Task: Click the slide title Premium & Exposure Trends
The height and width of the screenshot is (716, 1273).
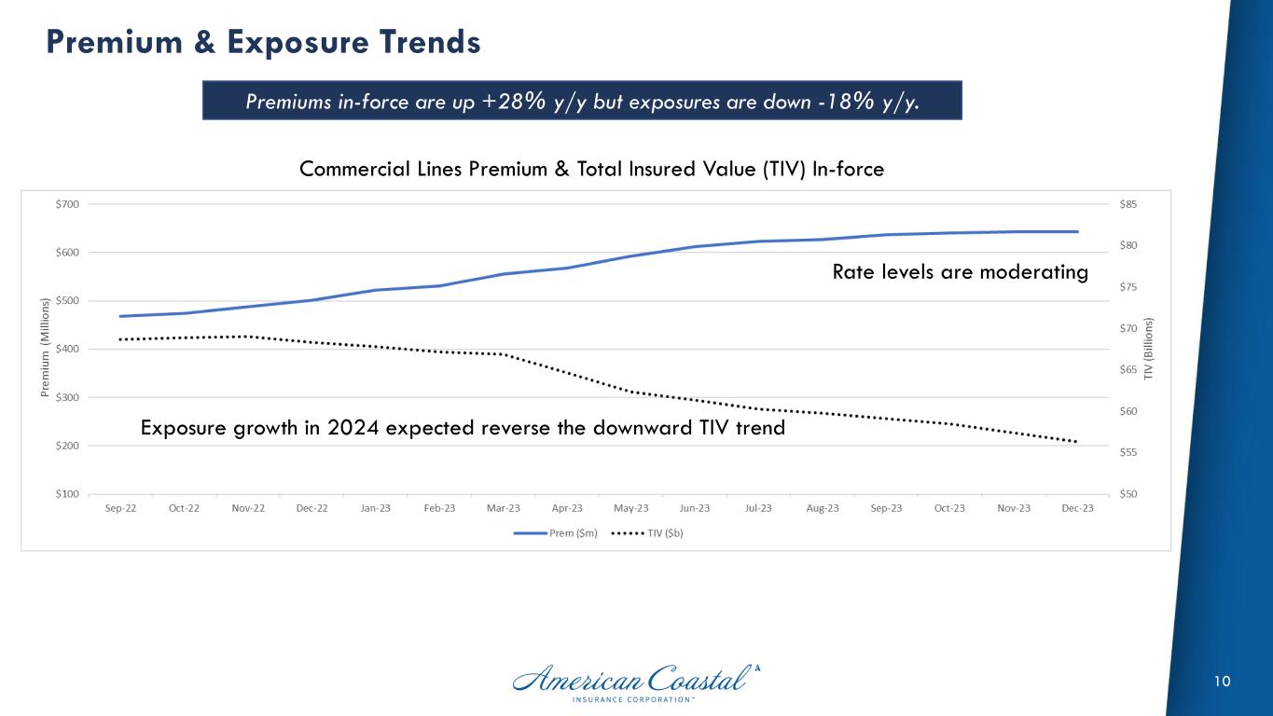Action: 264,42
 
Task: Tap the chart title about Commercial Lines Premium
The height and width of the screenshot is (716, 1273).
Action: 591,169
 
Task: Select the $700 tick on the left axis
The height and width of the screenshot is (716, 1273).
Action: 68,204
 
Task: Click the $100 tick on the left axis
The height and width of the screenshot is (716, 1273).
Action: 68,494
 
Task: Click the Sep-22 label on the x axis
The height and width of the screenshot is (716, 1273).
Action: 120,508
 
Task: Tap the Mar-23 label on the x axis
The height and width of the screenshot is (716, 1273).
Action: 503,508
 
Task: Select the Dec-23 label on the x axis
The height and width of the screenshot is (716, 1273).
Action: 1077,508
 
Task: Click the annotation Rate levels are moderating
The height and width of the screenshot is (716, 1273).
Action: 960,272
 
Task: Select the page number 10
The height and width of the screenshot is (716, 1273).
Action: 1222,682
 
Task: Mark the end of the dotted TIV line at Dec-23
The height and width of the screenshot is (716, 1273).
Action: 1077,442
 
